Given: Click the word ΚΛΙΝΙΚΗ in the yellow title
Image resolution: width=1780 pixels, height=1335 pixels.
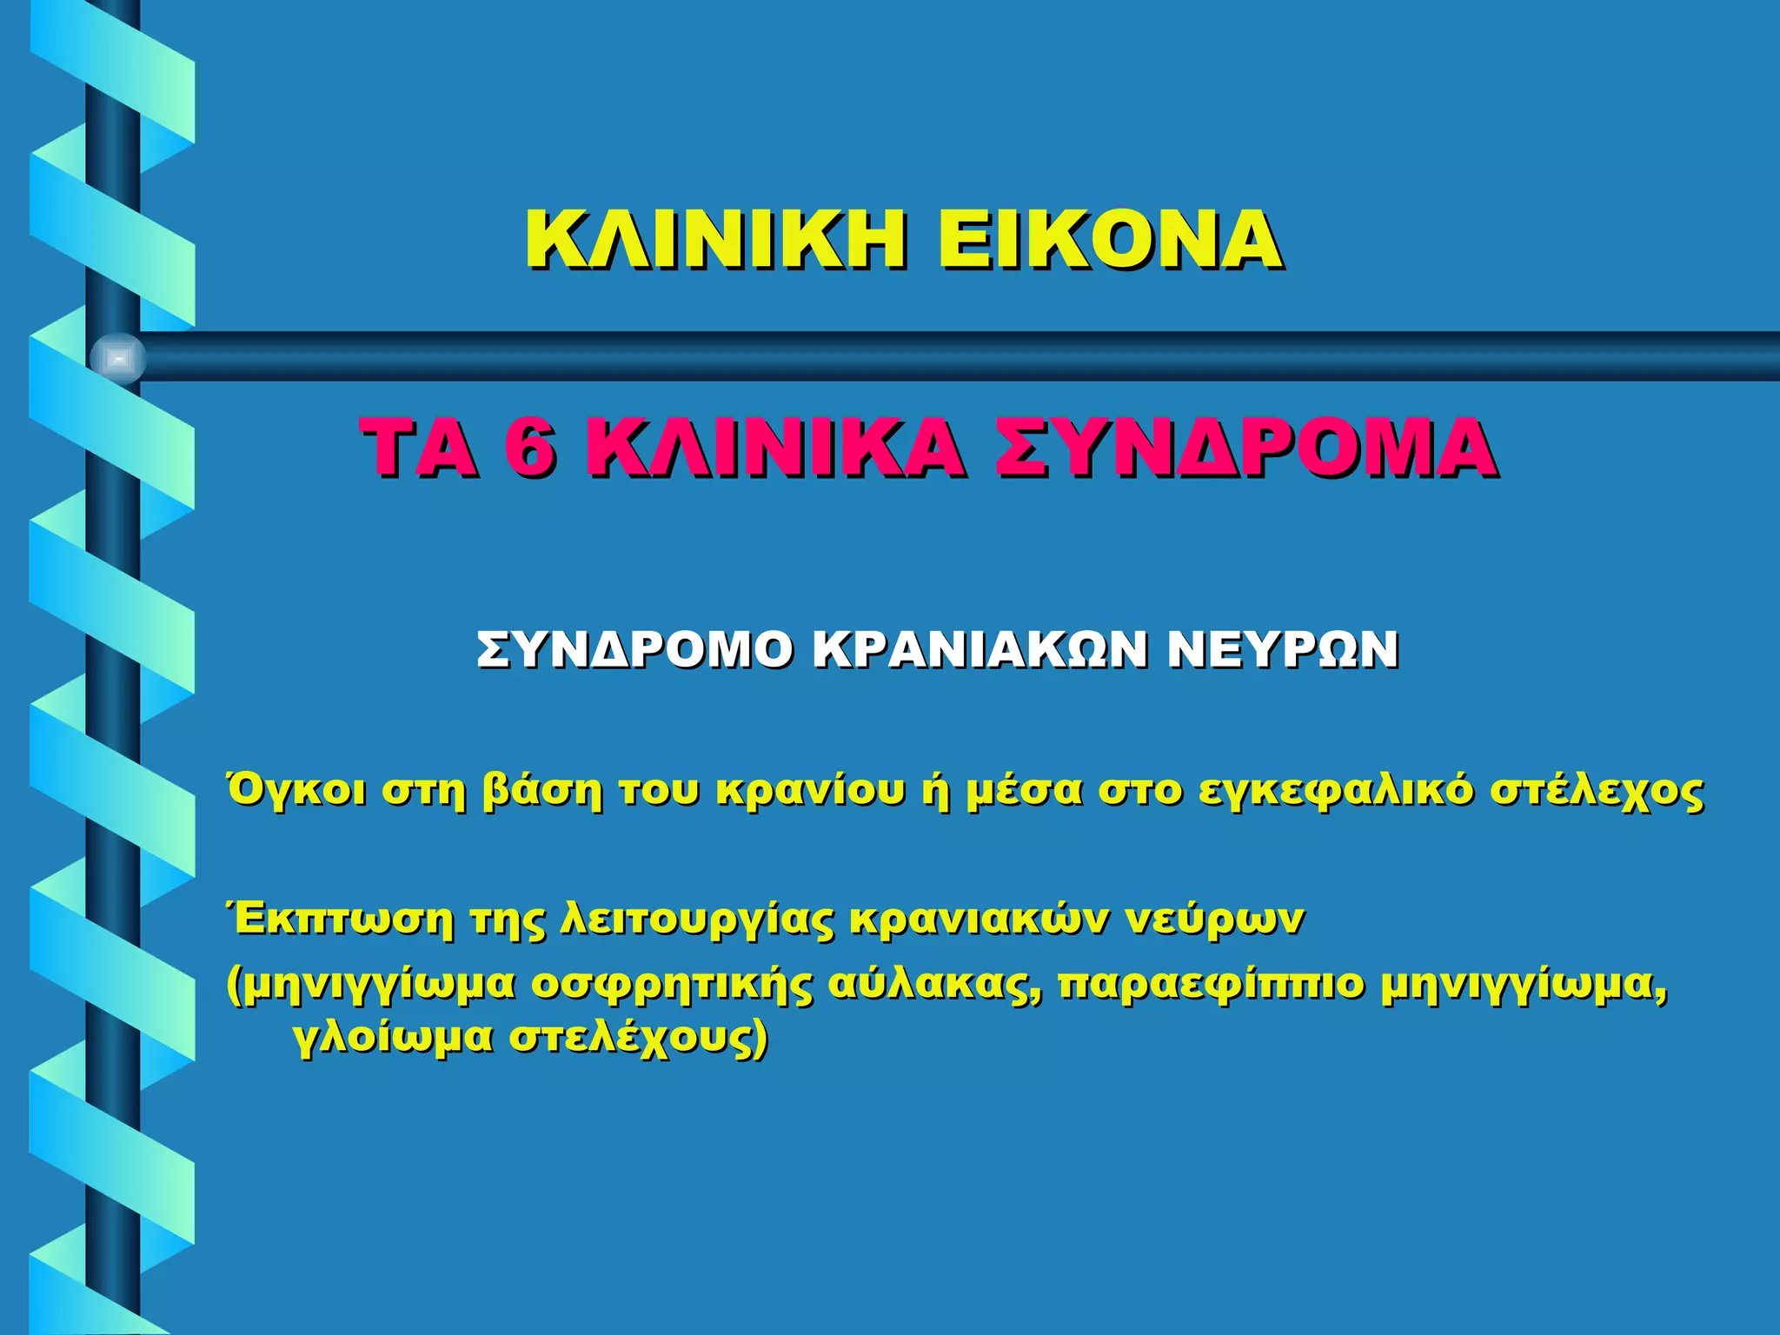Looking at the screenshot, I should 718,240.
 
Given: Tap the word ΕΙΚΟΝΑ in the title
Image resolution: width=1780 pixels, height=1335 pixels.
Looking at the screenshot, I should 1109,240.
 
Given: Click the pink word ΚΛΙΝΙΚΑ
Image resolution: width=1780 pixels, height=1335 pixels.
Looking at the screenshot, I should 774,448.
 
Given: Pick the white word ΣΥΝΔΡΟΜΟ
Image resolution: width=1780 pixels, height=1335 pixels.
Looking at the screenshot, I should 634,650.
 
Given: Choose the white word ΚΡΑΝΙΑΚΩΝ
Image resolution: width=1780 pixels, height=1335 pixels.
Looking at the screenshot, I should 980,650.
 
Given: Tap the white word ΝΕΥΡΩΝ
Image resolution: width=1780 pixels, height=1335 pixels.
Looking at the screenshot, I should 1283,650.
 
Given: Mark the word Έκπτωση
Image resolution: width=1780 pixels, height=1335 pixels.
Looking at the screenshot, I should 339,920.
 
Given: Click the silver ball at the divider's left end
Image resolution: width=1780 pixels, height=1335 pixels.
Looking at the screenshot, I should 118,358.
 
